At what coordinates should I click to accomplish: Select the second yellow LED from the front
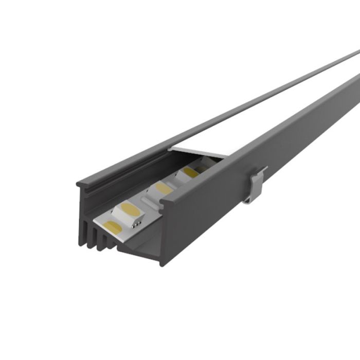point(130,209)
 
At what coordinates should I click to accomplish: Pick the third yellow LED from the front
point(164,188)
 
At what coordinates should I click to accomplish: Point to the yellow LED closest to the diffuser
point(191,172)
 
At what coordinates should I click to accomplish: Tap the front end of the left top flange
point(80,183)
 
